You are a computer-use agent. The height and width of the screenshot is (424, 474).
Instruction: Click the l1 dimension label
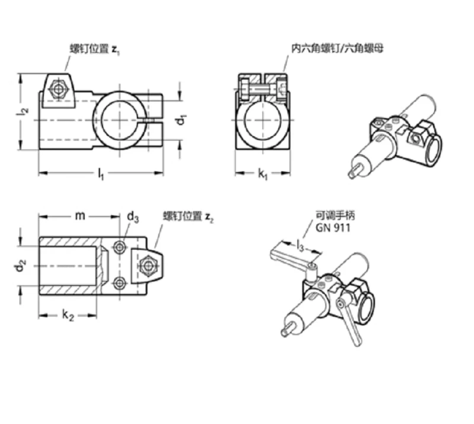pos(101,174)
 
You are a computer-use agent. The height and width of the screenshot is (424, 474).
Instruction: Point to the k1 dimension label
pos(262,174)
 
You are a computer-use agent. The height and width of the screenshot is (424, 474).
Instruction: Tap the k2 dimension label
pos(68,315)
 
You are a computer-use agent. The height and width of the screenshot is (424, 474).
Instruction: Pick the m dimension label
pos(80,216)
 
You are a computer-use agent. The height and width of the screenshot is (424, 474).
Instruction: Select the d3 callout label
pos(133,217)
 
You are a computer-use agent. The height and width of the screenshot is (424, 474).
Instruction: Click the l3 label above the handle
pos(300,246)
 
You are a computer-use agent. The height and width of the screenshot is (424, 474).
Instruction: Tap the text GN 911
pos(333,228)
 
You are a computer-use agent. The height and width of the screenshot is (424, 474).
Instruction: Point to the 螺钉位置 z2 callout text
pos(188,216)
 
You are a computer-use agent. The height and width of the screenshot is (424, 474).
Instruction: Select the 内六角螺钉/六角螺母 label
pos(337,49)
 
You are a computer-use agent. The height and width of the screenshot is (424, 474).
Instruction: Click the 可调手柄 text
pos(335,215)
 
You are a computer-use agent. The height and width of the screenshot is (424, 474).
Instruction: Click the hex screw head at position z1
pos(58,89)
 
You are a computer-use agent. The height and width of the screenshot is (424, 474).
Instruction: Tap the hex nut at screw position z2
pos(148,266)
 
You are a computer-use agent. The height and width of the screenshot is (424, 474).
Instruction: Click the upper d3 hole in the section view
pos(120,247)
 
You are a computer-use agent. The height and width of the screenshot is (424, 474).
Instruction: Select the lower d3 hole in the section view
pos(120,283)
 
